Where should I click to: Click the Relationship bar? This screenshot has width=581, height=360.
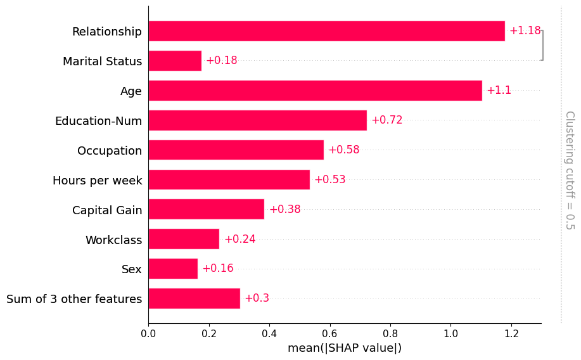point(326,31)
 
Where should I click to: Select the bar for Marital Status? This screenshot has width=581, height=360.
point(175,61)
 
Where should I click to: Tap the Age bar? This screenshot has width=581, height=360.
point(315,91)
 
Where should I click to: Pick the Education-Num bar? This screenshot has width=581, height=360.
point(257,120)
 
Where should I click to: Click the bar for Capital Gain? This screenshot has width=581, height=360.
point(206,209)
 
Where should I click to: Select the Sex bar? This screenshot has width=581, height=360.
point(173,269)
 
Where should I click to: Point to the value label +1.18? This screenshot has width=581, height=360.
point(525,31)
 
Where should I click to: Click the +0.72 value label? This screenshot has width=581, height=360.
point(386,120)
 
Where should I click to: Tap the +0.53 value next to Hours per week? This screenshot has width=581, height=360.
point(329,179)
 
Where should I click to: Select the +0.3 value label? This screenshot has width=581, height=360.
point(257,299)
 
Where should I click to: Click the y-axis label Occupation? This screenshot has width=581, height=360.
point(110,151)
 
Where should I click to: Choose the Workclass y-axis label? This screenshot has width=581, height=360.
point(113,240)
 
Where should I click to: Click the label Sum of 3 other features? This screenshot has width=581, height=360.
point(74,299)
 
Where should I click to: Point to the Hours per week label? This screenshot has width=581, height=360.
point(98,181)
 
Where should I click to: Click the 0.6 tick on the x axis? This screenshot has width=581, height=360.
point(329,333)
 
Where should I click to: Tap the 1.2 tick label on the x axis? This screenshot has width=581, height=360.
point(511,333)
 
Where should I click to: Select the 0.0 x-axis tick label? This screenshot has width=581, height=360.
point(148,333)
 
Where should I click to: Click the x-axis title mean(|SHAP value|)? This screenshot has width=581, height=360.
point(345,348)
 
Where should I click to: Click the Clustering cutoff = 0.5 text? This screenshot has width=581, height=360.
point(569,170)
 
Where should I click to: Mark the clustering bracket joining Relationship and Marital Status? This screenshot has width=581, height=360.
point(542,46)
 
